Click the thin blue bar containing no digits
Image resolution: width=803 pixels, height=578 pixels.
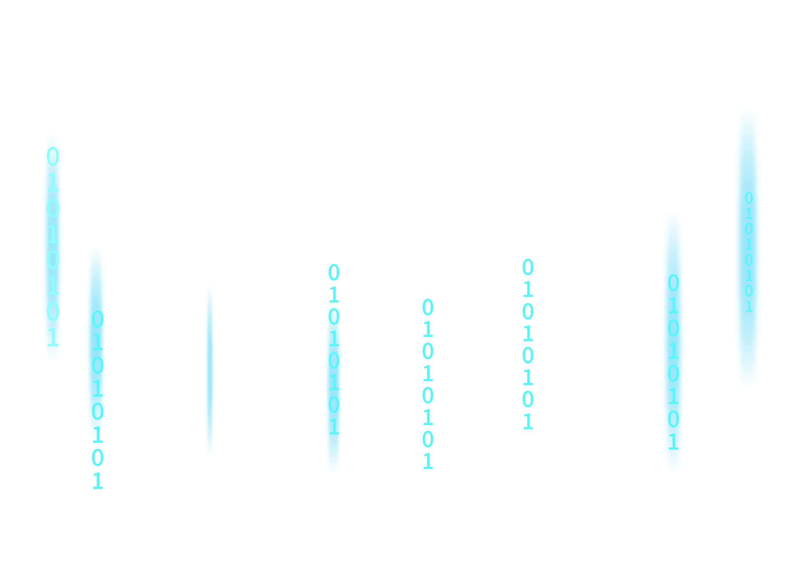210,370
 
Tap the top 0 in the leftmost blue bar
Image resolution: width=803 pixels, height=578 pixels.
53,157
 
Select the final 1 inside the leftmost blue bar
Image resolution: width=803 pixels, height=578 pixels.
53,337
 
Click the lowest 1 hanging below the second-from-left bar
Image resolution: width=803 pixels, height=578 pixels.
98,481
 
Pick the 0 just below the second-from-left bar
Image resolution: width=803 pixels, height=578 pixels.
98,458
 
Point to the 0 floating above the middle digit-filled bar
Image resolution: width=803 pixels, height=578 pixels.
334,273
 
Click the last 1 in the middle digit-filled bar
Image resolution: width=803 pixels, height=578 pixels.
334,427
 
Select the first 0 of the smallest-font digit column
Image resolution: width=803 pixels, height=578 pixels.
748,198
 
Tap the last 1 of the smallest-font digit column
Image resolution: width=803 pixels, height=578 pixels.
748,307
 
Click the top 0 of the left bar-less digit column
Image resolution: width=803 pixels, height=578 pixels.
428,307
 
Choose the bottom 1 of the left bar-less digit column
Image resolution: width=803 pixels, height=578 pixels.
428,461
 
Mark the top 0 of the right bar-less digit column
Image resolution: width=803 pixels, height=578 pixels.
528,267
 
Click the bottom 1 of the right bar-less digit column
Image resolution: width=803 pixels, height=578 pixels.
528,421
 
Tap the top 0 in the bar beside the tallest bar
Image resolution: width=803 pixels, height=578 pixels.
673,283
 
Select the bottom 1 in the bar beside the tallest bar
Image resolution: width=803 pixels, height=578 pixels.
673,442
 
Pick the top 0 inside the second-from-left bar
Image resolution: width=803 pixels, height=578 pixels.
98,319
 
